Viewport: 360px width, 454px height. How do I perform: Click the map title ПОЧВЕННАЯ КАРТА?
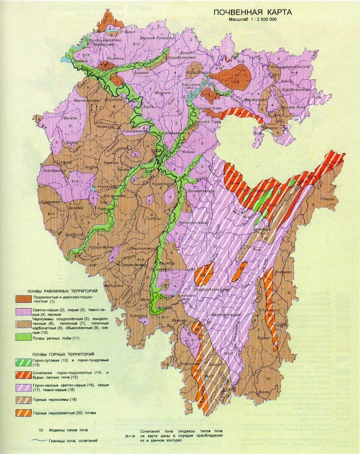[x=249, y=12]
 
